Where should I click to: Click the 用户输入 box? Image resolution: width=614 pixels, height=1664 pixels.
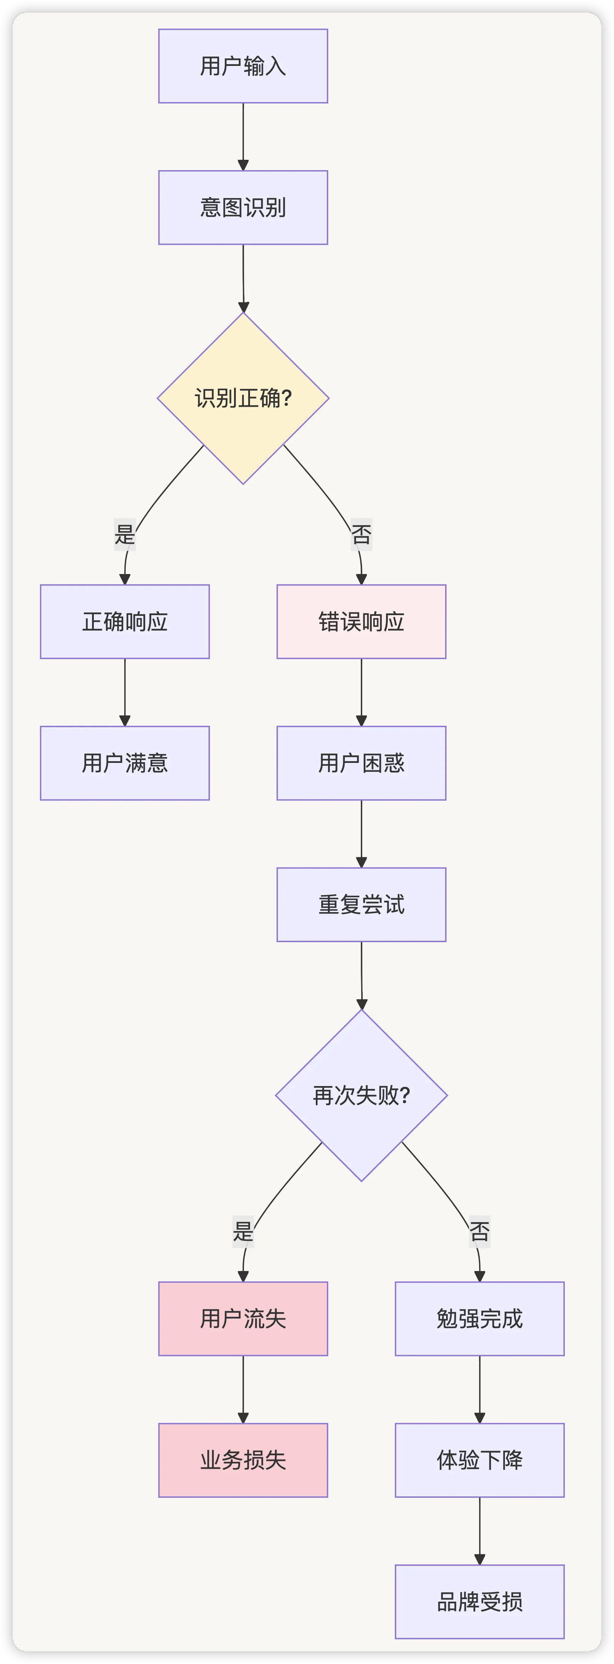(243, 66)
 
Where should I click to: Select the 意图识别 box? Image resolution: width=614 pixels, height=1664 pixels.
(243, 207)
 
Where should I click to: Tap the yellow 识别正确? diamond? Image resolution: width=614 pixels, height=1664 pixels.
(243, 398)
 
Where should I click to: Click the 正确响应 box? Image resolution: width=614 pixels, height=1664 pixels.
(125, 622)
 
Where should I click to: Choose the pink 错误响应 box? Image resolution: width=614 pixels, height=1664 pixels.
(361, 622)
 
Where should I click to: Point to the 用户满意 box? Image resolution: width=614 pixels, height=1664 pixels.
(125, 763)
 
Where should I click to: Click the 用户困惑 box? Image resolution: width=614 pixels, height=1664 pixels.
(361, 763)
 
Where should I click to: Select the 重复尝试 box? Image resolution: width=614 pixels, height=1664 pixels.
(361, 904)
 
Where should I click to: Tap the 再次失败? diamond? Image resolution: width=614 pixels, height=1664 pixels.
(361, 1095)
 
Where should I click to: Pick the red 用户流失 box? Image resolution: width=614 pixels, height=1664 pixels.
(243, 1319)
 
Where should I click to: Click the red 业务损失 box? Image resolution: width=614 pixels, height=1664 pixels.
(243, 1460)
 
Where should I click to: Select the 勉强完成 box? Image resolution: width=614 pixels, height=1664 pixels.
(479, 1319)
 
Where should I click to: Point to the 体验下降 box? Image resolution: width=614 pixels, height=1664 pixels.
(479, 1460)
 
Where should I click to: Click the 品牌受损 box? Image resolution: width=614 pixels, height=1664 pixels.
(479, 1601)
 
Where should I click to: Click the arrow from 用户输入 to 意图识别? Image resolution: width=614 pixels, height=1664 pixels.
(243, 136)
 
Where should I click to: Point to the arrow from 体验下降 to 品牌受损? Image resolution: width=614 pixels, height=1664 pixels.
(479, 1530)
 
